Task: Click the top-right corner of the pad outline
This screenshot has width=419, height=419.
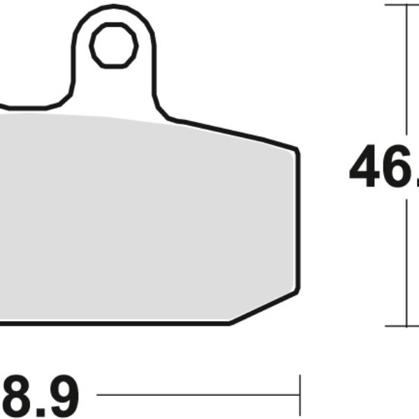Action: (296, 149)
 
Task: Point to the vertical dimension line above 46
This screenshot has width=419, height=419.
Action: (406, 70)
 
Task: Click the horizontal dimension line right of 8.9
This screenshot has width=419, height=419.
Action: (196, 395)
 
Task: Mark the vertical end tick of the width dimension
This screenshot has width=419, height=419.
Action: (300, 395)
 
